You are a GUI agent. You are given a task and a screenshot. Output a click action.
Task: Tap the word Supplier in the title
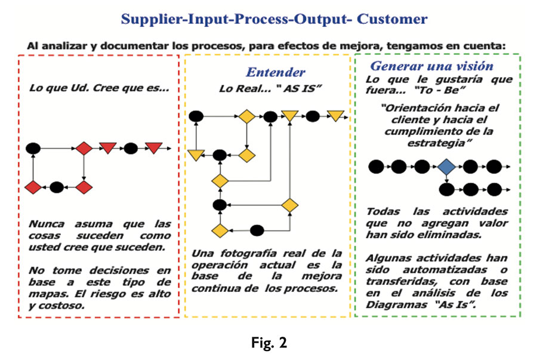(147, 19)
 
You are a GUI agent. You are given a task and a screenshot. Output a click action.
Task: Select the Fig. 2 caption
(269, 343)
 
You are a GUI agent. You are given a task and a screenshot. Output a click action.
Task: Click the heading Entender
(275, 72)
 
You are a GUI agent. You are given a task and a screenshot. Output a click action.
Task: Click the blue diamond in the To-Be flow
(445, 167)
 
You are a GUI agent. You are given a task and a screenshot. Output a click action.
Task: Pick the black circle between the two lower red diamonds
(57, 187)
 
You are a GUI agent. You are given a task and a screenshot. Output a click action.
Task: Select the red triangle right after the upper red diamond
(108, 148)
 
